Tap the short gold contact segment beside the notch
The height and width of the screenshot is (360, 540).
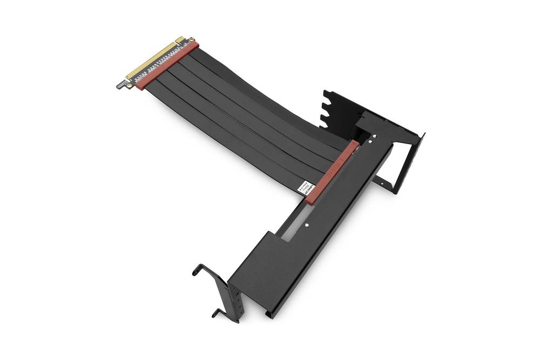point(180,40)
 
